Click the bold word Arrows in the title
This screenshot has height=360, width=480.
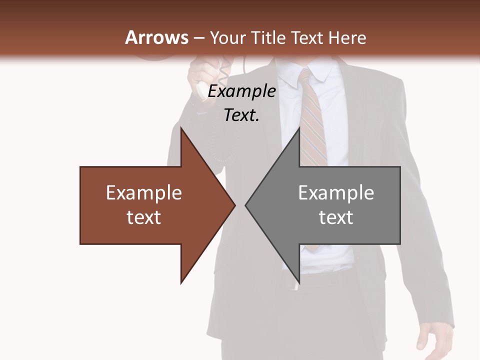tap(156, 37)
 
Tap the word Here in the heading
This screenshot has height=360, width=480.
tap(347, 37)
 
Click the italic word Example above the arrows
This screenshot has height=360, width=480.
tap(241, 91)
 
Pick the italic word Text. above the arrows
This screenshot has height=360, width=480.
tap(241, 115)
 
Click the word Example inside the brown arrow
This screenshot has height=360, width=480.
tap(144, 193)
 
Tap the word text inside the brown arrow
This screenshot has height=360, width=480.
tap(144, 217)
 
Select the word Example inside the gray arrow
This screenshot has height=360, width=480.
tap(336, 193)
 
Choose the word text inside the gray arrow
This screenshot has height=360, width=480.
tap(336, 217)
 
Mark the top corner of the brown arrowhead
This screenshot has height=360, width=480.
tap(181, 129)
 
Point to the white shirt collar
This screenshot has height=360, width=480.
tap(320, 72)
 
